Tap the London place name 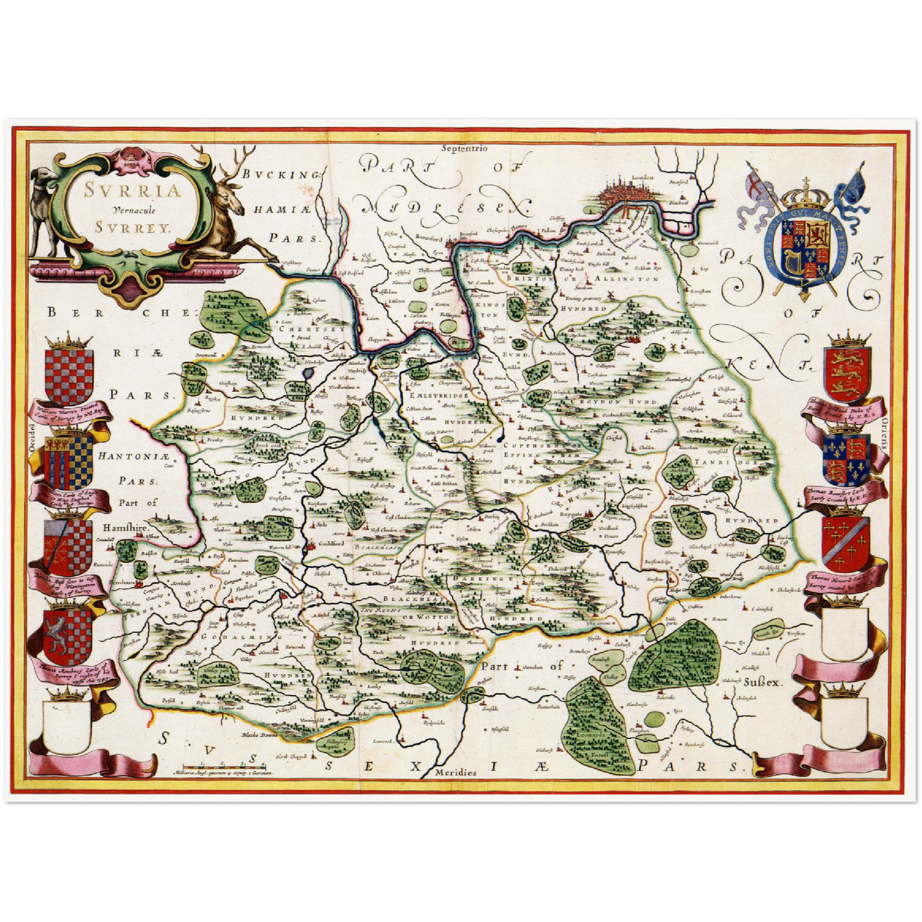click(639, 178)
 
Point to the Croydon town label click(655, 334)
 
